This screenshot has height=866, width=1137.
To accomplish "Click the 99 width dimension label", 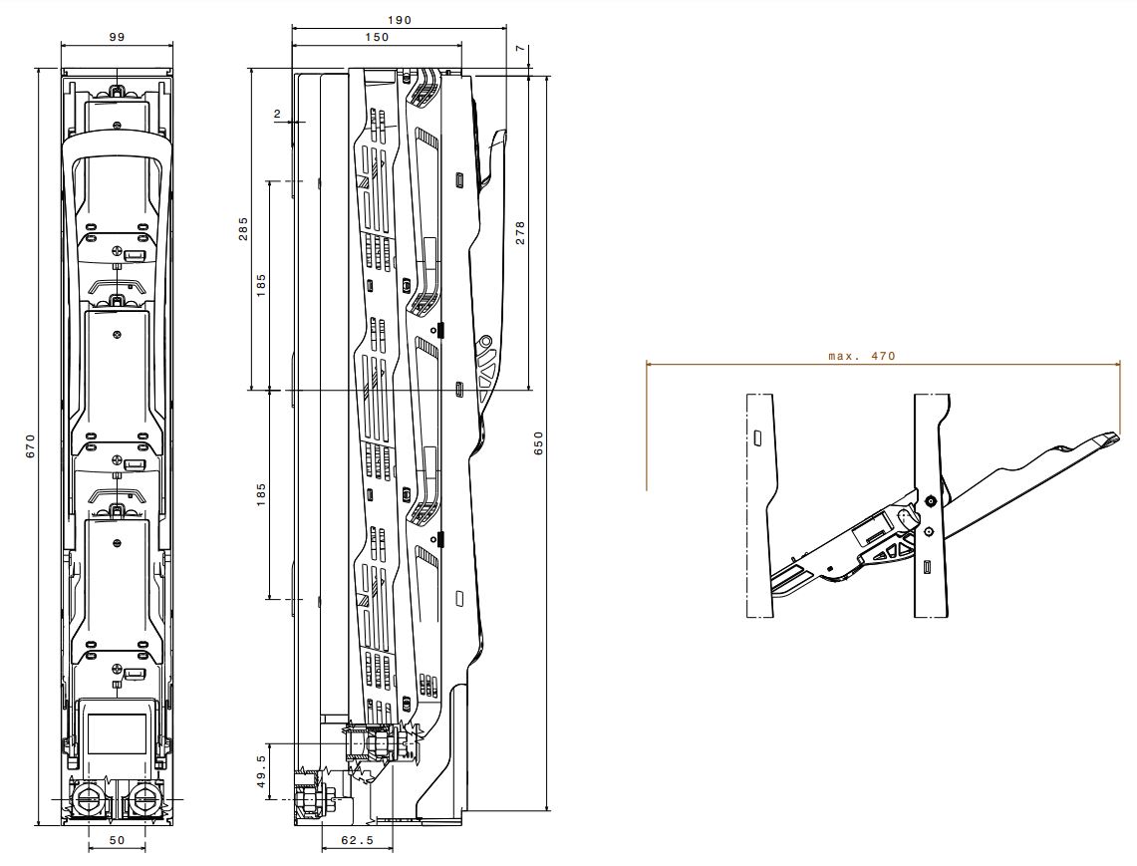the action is pyautogui.click(x=117, y=38).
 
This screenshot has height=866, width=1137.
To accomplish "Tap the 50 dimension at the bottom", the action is pyautogui.click(x=117, y=841).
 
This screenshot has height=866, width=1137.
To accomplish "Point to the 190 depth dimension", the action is pyautogui.click(x=400, y=20).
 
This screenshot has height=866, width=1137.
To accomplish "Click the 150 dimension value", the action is pyautogui.click(x=377, y=38).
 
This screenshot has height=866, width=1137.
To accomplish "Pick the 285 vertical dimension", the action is pyautogui.click(x=243, y=228).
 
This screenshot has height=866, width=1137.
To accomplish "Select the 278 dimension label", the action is pyautogui.click(x=519, y=233).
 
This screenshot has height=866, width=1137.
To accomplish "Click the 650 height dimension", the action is pyautogui.click(x=538, y=443).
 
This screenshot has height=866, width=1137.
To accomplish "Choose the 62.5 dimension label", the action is pyautogui.click(x=358, y=841).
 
